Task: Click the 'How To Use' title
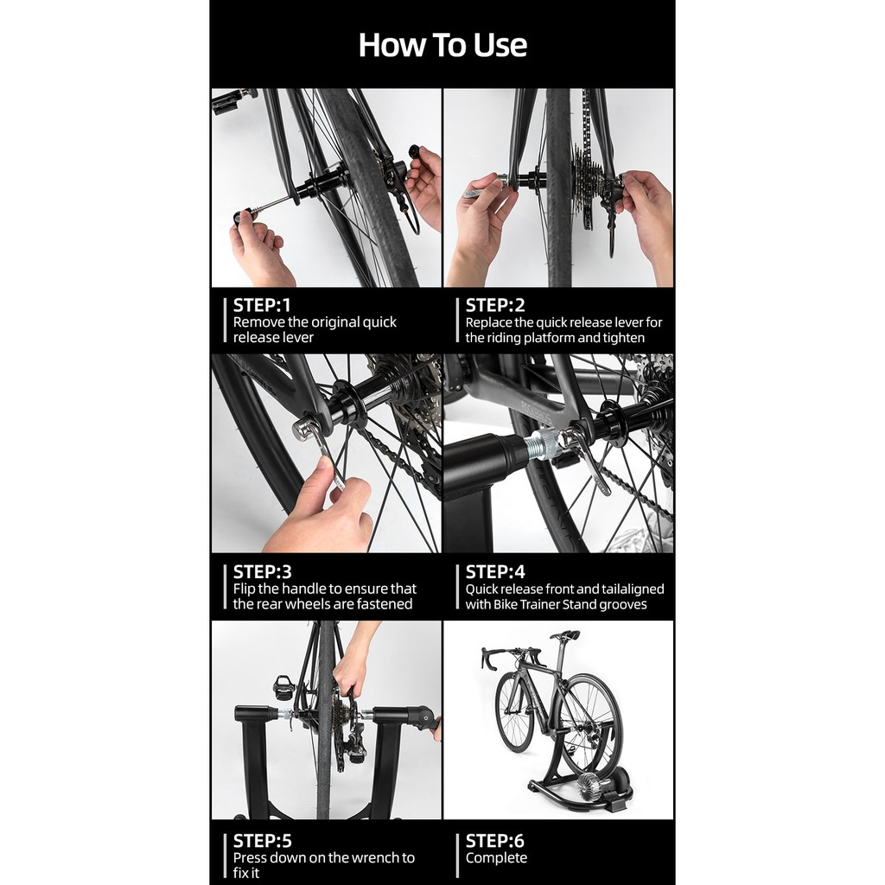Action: coord(442,45)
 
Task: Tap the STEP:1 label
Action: coord(262,305)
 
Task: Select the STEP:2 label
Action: coord(495,305)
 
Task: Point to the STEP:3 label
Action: coord(263,572)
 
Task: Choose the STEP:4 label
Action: coord(495,572)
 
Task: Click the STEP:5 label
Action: coord(263,841)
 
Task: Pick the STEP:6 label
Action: coord(495,841)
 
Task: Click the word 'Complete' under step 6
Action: coord(496,858)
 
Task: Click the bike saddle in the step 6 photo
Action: coord(565,635)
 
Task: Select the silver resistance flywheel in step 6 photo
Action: coord(591,783)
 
